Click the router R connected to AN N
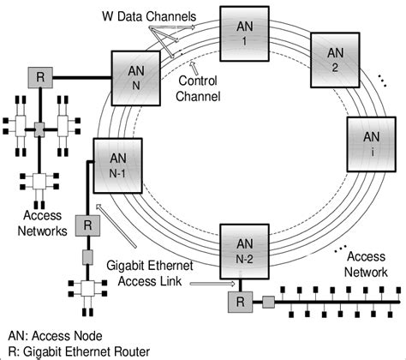40,76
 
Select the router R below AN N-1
87,226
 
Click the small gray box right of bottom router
268,302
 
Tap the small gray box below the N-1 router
87,257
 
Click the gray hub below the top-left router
40,129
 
